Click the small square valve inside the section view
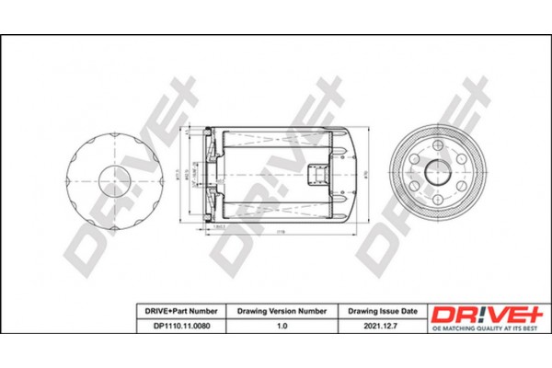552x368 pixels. coord(317,173)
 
